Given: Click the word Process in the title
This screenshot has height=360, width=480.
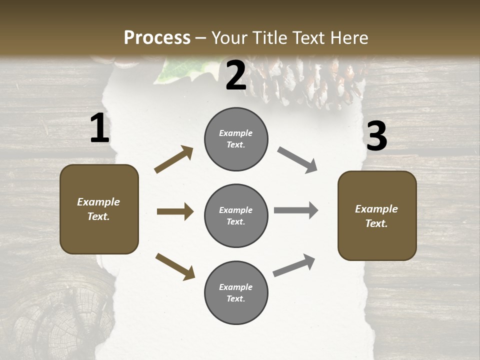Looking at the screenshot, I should tap(157, 38).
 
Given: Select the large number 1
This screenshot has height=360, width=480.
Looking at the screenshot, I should tap(99, 128).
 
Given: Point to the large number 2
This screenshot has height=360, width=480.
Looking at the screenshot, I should tap(236, 75).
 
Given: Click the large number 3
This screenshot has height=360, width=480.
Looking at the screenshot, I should tap(376, 136).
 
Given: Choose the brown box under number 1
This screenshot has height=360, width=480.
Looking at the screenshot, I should tap(99, 209).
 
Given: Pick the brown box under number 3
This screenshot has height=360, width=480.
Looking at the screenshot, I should tap(377, 216).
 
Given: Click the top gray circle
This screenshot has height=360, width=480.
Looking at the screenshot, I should tap(236, 139).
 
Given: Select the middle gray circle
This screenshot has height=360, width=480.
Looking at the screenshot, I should tap(236, 215).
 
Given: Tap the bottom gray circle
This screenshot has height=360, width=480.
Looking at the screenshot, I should tap(236, 292).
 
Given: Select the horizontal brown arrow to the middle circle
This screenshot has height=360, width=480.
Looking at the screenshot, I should tap(175, 211).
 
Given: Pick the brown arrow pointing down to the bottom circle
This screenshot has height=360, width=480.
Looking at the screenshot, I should tap(175, 266).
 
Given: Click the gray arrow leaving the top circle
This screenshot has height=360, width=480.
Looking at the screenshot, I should tap(297, 160).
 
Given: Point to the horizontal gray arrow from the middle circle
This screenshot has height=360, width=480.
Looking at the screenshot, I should tap(296, 210).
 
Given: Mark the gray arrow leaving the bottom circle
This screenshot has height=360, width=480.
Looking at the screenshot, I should tap(294, 265).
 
